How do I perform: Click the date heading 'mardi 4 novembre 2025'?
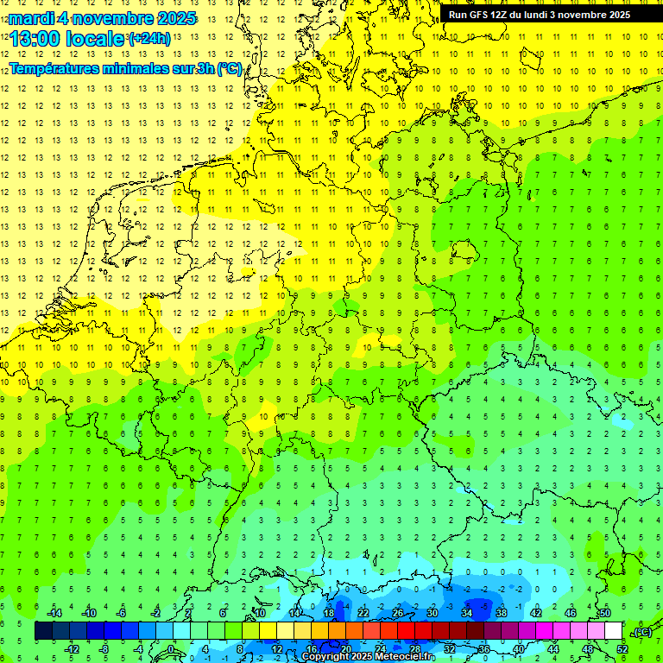click(x=103, y=18)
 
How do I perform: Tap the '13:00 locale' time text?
click(x=67, y=39)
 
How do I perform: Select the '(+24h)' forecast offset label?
click(x=149, y=39)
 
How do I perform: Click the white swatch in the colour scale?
click(x=614, y=631)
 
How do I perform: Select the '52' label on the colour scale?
click(x=622, y=649)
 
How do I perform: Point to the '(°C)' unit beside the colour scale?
click(x=641, y=632)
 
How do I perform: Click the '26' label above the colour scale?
click(x=398, y=613)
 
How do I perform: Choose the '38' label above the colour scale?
click(x=502, y=613)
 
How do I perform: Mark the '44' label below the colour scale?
click(x=553, y=649)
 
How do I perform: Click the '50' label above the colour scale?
click(x=605, y=613)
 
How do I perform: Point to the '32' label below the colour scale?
click(x=450, y=649)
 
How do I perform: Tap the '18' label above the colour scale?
click(x=329, y=613)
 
